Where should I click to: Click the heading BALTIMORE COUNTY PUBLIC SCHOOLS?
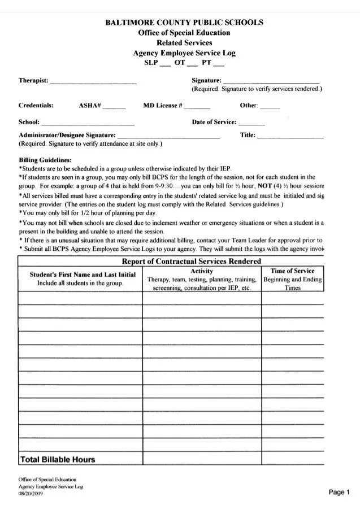click(x=184, y=23)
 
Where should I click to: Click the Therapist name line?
click(x=93, y=83)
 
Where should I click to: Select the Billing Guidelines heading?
click(x=45, y=160)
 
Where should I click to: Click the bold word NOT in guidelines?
click(x=265, y=185)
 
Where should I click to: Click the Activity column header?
click(x=202, y=271)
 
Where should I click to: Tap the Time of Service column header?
click(x=292, y=271)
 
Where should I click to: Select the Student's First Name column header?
click(x=83, y=274)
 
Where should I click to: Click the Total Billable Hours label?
click(x=58, y=459)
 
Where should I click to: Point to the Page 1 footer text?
click(x=340, y=492)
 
